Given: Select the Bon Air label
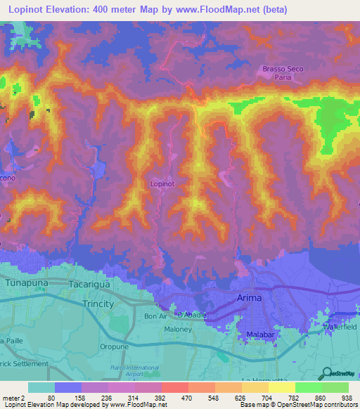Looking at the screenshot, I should click(155, 316).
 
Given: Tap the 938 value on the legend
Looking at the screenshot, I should click(346, 397).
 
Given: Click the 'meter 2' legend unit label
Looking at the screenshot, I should click(13, 397).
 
